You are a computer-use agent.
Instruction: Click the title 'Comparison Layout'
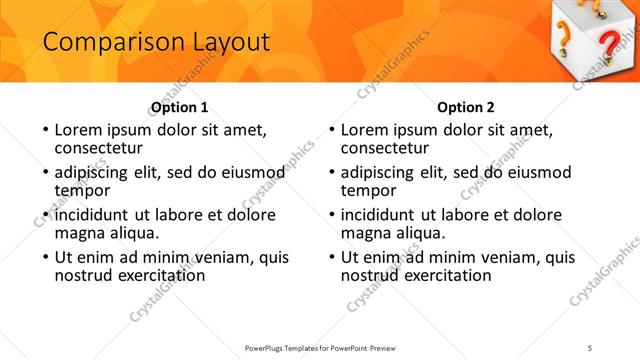pyautogui.click(x=144, y=42)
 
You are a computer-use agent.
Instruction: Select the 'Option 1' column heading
pyautogui.click(x=180, y=108)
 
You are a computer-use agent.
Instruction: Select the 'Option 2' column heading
pyautogui.click(x=466, y=108)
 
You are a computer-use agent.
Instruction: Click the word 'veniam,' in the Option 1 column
pyautogui.click(x=214, y=257)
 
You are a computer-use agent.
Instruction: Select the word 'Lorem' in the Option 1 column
pyautogui.click(x=77, y=130)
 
